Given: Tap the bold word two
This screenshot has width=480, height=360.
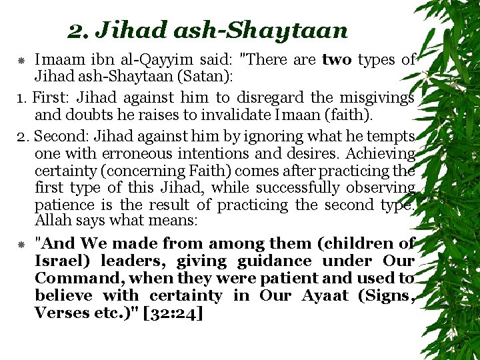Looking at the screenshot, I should coord(337,60).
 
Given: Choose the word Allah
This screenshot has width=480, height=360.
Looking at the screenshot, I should coord(52,220).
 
